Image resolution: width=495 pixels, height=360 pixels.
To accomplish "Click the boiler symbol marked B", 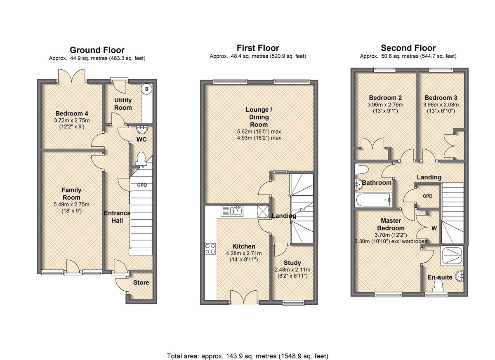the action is click(x=146, y=89).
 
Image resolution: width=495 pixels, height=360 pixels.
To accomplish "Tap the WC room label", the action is click(x=141, y=139).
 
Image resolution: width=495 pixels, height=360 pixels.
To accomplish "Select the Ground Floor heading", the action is click(x=97, y=50).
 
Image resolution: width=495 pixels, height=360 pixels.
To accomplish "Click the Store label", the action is click(x=141, y=282).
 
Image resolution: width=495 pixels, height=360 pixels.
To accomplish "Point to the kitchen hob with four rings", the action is click(x=210, y=249).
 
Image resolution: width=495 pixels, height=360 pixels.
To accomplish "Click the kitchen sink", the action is click(x=232, y=211).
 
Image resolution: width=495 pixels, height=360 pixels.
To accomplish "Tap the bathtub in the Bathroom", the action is click(x=373, y=200).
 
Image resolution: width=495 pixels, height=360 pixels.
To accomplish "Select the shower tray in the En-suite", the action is click(x=451, y=256).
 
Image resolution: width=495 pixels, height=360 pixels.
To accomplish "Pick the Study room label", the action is click(x=292, y=263).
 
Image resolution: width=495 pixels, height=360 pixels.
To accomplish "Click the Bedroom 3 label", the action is click(x=441, y=98).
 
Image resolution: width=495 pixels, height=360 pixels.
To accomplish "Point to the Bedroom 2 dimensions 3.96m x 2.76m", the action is click(x=385, y=105).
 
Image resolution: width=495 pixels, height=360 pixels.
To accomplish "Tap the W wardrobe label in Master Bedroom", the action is click(x=434, y=228).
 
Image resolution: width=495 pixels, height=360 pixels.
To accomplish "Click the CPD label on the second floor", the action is click(x=427, y=196).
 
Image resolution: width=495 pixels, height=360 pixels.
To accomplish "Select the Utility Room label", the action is click(x=123, y=104).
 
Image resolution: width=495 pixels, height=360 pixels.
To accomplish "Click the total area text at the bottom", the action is click(x=247, y=350).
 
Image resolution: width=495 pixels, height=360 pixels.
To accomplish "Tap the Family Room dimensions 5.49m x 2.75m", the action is click(x=71, y=205).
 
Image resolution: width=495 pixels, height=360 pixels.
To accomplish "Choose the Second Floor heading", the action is click(x=408, y=48).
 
